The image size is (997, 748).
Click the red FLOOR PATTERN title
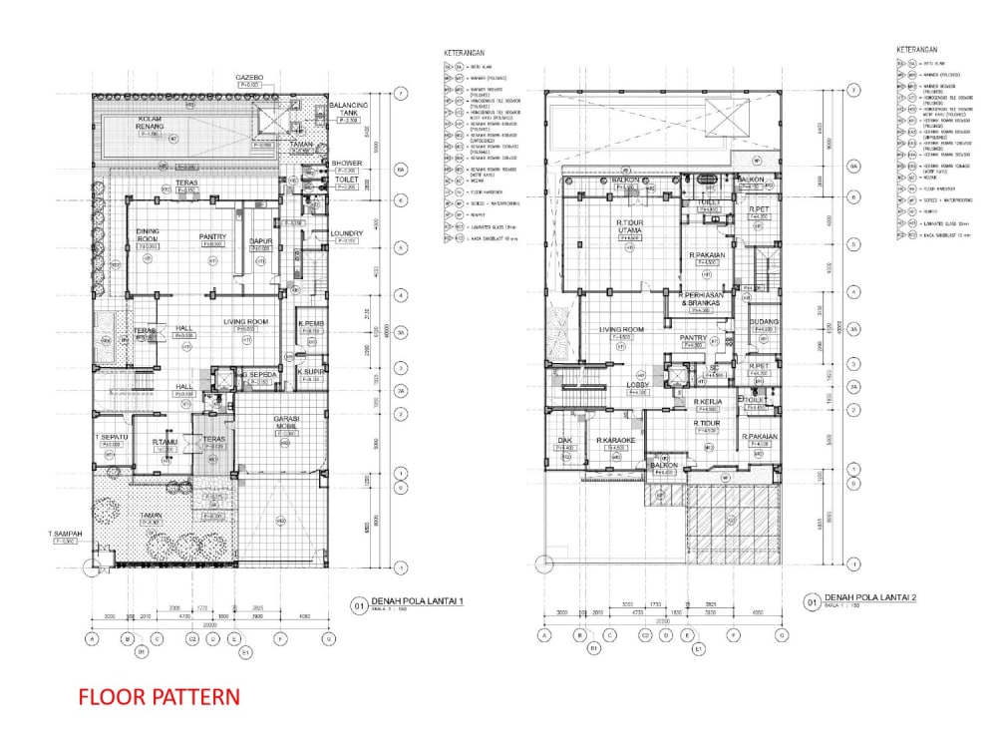[159, 696]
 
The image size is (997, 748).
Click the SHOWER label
[346, 163]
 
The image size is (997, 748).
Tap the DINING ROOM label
[148, 235]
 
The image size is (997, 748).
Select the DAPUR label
[261, 241]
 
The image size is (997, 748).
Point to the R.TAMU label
[165, 442]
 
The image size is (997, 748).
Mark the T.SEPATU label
[110, 438]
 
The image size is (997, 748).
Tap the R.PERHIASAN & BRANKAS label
[707, 299]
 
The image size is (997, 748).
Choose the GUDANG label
[764, 322]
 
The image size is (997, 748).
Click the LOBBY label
[638, 385]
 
